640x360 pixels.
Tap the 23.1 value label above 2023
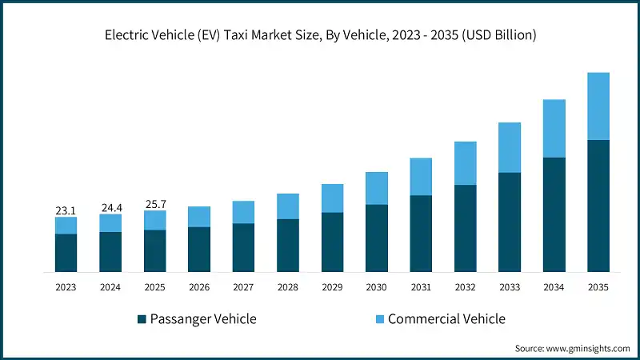click(66, 210)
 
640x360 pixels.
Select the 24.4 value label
click(110, 208)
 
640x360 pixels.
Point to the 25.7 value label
click(155, 204)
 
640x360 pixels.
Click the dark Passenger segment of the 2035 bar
click(598, 206)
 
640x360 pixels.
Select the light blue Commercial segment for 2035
click(598, 106)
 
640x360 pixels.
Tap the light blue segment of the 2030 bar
click(377, 188)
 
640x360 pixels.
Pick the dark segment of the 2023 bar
click(66, 253)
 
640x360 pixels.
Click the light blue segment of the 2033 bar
click(510, 147)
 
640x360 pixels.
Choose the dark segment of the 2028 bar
click(288, 245)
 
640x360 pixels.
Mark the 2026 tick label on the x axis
click(199, 287)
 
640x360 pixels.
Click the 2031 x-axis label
click(421, 287)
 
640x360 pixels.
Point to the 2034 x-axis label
click(554, 287)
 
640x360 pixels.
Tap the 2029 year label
click(332, 287)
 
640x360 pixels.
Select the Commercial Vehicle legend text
click(446, 318)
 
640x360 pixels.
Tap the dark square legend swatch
click(142, 319)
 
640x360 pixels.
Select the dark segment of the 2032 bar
click(466, 228)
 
